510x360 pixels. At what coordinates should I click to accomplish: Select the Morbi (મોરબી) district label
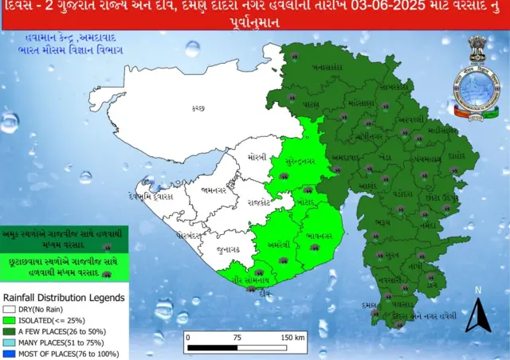[x=257, y=156]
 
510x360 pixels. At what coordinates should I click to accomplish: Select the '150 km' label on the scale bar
[x=291, y=337]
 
